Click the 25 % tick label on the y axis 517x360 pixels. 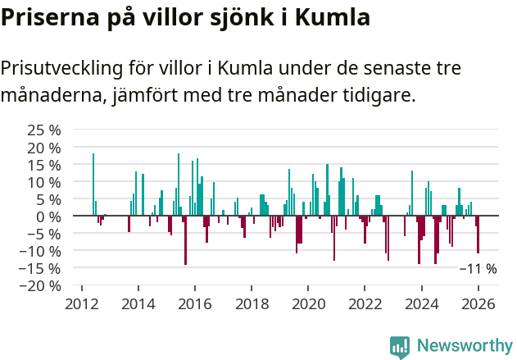coord(44,130)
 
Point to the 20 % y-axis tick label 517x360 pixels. coord(44,148)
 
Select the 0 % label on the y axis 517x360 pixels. coord(49,216)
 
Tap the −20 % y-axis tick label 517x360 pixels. coord(41,286)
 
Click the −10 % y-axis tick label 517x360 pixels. coord(41,251)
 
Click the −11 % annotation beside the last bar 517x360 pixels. coord(478,269)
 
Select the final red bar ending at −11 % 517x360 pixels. coord(478,235)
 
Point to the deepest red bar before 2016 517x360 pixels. coord(186,240)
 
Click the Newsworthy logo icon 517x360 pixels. coord(400,346)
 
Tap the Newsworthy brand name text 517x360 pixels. coord(465,346)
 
